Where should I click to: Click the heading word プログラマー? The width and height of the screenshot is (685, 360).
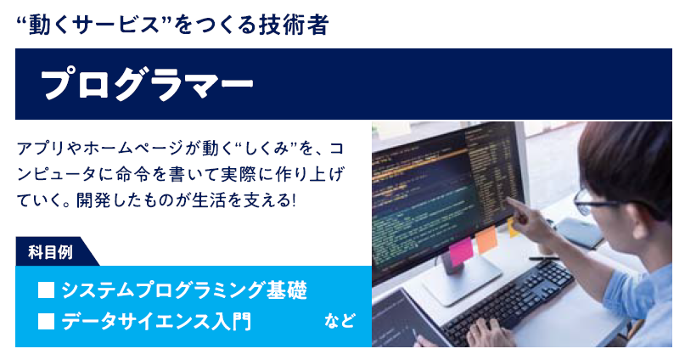(x=146, y=84)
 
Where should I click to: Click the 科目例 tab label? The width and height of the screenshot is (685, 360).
(x=49, y=252)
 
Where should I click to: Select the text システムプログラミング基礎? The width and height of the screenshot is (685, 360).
(x=182, y=290)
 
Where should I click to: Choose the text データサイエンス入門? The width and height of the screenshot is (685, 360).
(x=156, y=322)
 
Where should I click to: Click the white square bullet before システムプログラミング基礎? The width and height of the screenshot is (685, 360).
(x=47, y=290)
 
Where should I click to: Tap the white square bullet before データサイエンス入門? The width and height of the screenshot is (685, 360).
(x=47, y=322)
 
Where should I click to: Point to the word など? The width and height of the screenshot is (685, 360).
(x=339, y=322)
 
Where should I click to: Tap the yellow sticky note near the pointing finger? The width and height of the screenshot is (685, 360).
(x=512, y=226)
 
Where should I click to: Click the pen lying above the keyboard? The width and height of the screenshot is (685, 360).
(x=543, y=257)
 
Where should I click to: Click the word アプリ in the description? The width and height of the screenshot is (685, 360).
(x=37, y=148)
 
